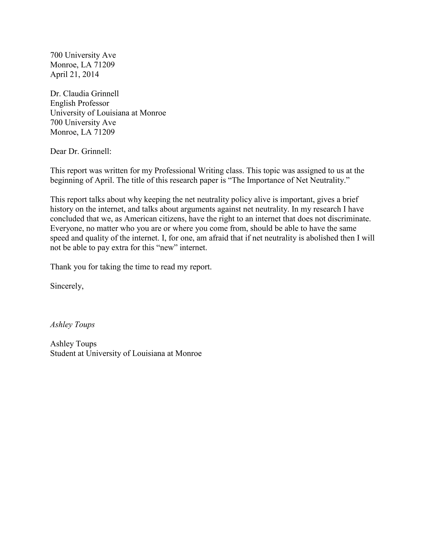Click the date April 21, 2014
click(x=74, y=74)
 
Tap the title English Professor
click(x=79, y=103)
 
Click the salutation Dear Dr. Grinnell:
click(x=80, y=151)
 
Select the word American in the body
click(x=140, y=219)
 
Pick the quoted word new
click(x=167, y=247)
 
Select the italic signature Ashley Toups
click(x=72, y=325)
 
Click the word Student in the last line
click(x=63, y=353)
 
